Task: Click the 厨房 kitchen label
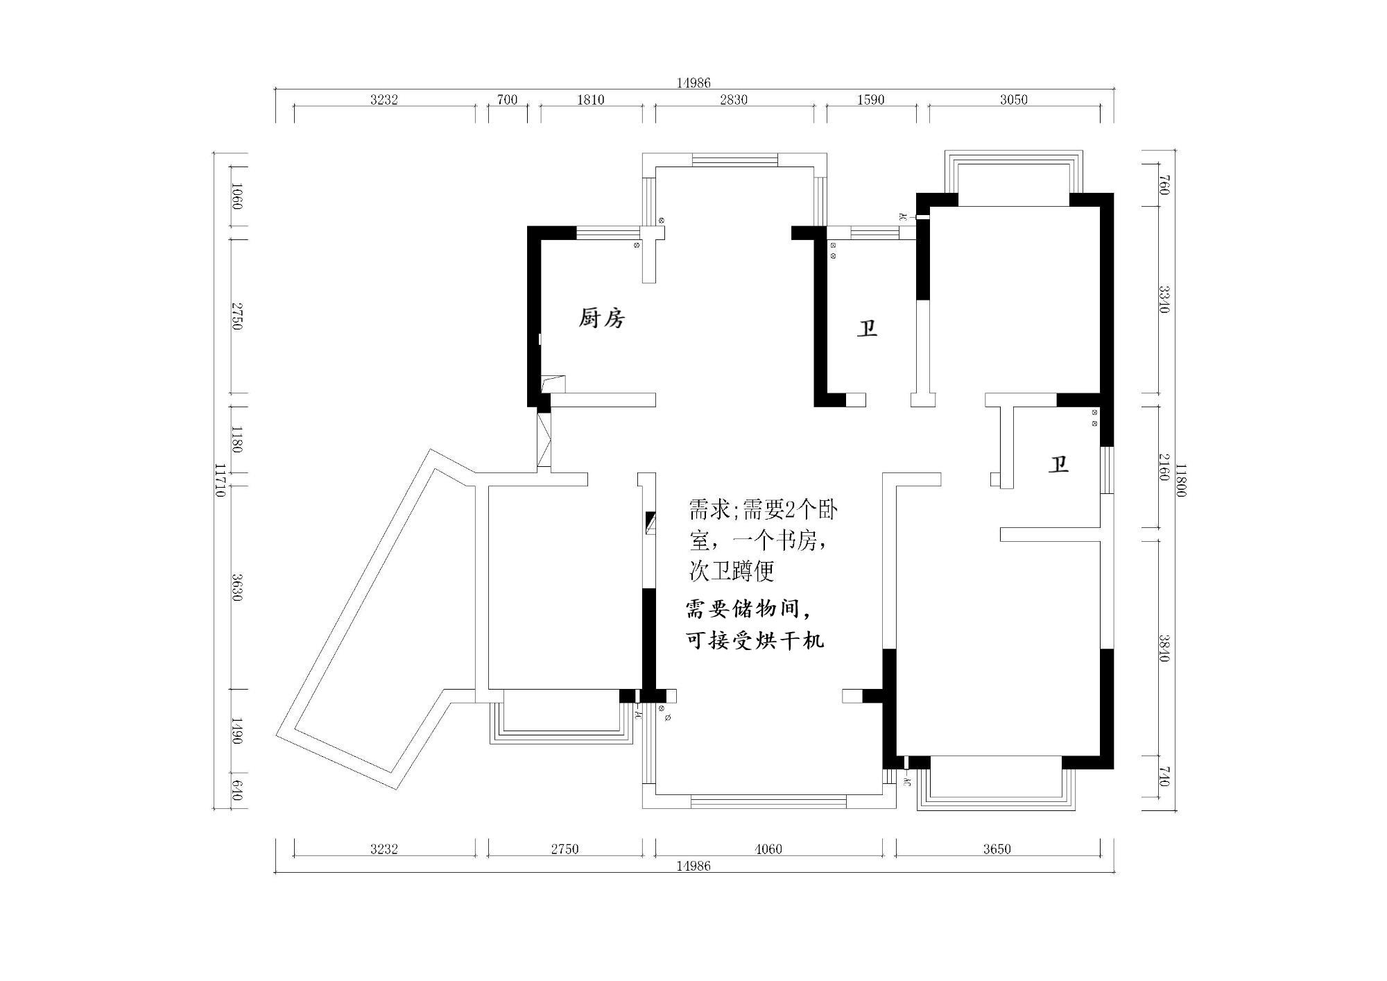[x=602, y=318]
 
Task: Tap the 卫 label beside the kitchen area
[x=867, y=328]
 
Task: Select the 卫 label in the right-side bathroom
[x=1058, y=464]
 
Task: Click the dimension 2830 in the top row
[x=733, y=100]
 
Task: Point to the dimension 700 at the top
[x=507, y=100]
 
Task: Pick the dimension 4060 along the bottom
[x=768, y=849]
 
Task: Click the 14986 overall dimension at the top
[x=693, y=83]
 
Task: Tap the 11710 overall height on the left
[x=220, y=480]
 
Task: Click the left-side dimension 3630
[x=237, y=587]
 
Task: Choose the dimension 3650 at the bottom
[x=997, y=849]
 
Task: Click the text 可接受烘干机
[x=755, y=640]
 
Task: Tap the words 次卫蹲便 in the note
[x=731, y=571]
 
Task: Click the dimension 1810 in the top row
[x=590, y=100]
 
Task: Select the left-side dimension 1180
[x=237, y=440]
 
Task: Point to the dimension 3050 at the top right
[x=1013, y=100]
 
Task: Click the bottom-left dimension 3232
[x=384, y=849]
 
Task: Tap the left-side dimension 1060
[x=237, y=196]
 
